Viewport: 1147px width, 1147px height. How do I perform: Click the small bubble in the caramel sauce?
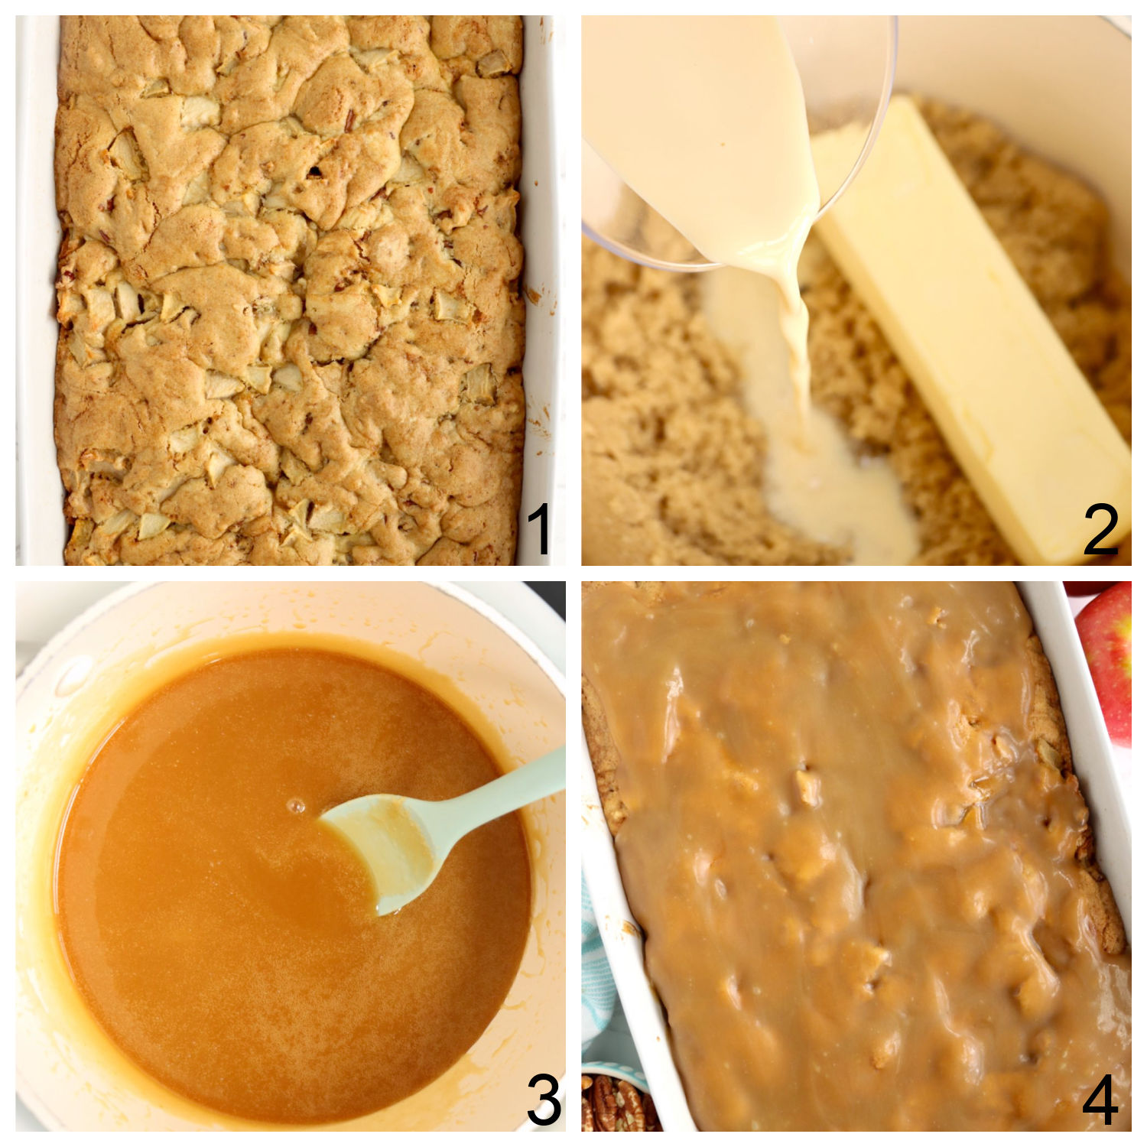(297, 806)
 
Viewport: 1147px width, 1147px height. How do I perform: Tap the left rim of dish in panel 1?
(37, 291)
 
